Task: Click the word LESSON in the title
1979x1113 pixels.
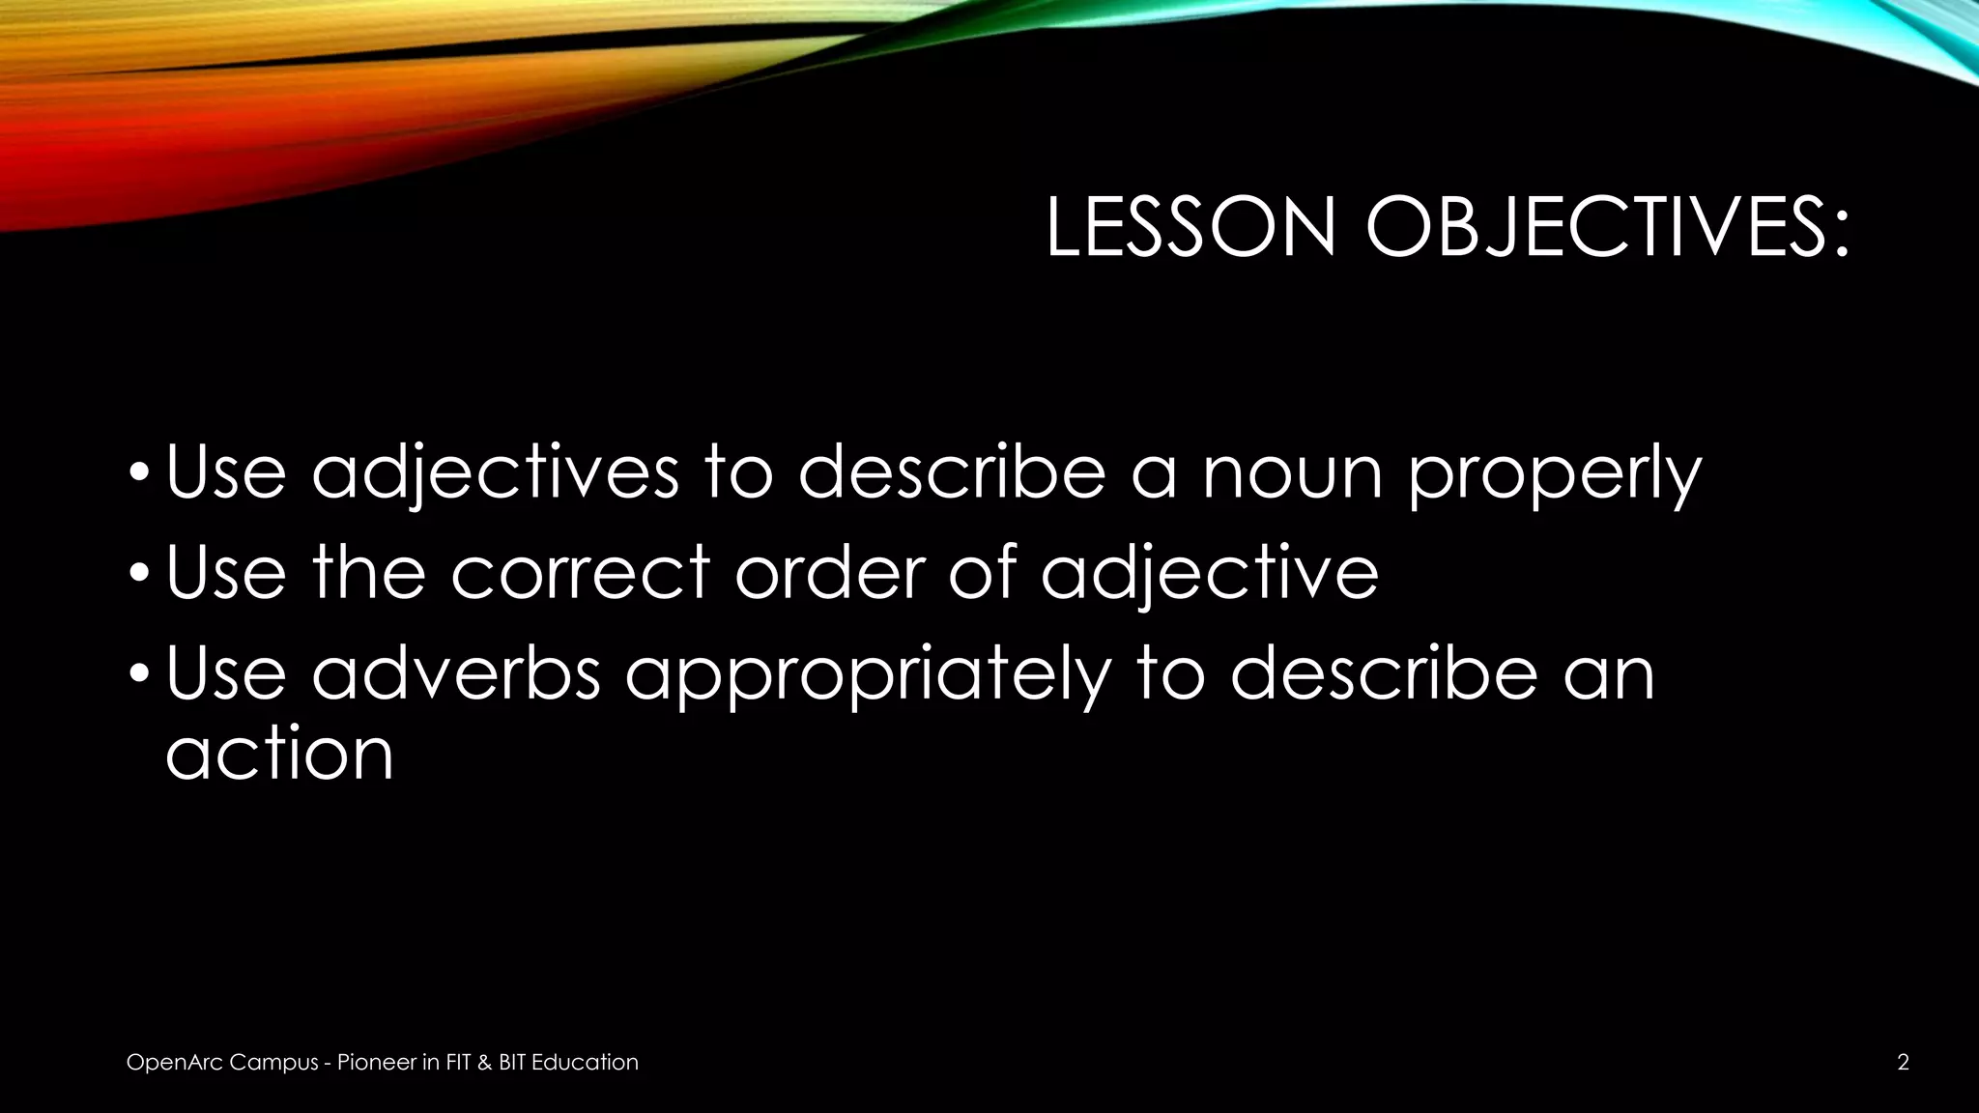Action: tap(1190, 228)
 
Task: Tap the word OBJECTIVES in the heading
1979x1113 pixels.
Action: tap(1607, 228)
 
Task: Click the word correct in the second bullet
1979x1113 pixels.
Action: tap(580, 572)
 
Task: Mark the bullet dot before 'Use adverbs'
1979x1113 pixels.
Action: tap(140, 675)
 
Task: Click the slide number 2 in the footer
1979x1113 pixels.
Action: tap(1903, 1063)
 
